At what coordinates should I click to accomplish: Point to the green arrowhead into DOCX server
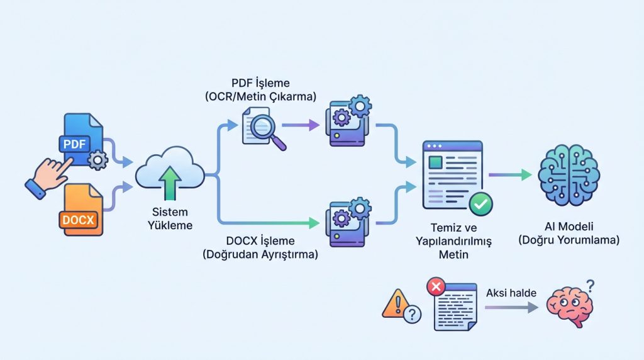[x=314, y=222]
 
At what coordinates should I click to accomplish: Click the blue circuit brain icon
[x=569, y=174]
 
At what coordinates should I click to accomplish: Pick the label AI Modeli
[x=569, y=233]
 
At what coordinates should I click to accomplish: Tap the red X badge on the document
[x=435, y=287]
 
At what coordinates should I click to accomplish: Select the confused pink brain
[x=569, y=305]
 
